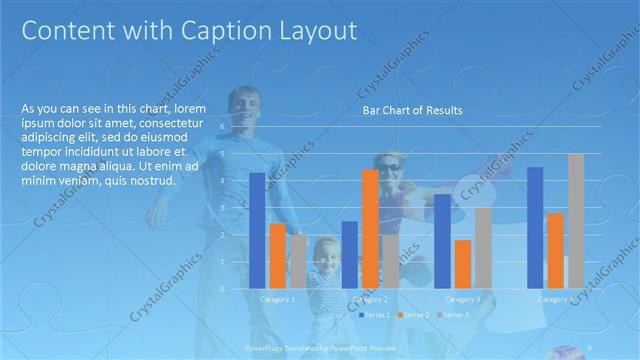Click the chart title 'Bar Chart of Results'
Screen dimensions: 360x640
tap(412, 111)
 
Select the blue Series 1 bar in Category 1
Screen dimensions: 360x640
tap(257, 230)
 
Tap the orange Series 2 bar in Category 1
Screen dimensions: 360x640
tap(278, 255)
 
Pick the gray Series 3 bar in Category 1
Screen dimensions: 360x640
tap(298, 261)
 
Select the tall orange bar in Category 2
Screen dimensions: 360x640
tap(370, 228)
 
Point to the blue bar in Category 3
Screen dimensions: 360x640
tap(441, 240)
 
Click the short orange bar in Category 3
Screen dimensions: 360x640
tap(462, 263)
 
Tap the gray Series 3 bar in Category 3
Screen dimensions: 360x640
tap(483, 247)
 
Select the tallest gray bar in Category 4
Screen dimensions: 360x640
tap(576, 220)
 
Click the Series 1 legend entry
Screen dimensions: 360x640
tap(376, 315)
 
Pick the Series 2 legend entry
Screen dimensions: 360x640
tap(415, 315)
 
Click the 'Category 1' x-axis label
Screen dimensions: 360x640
tap(277, 299)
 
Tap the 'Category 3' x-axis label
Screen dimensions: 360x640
tap(462, 299)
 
